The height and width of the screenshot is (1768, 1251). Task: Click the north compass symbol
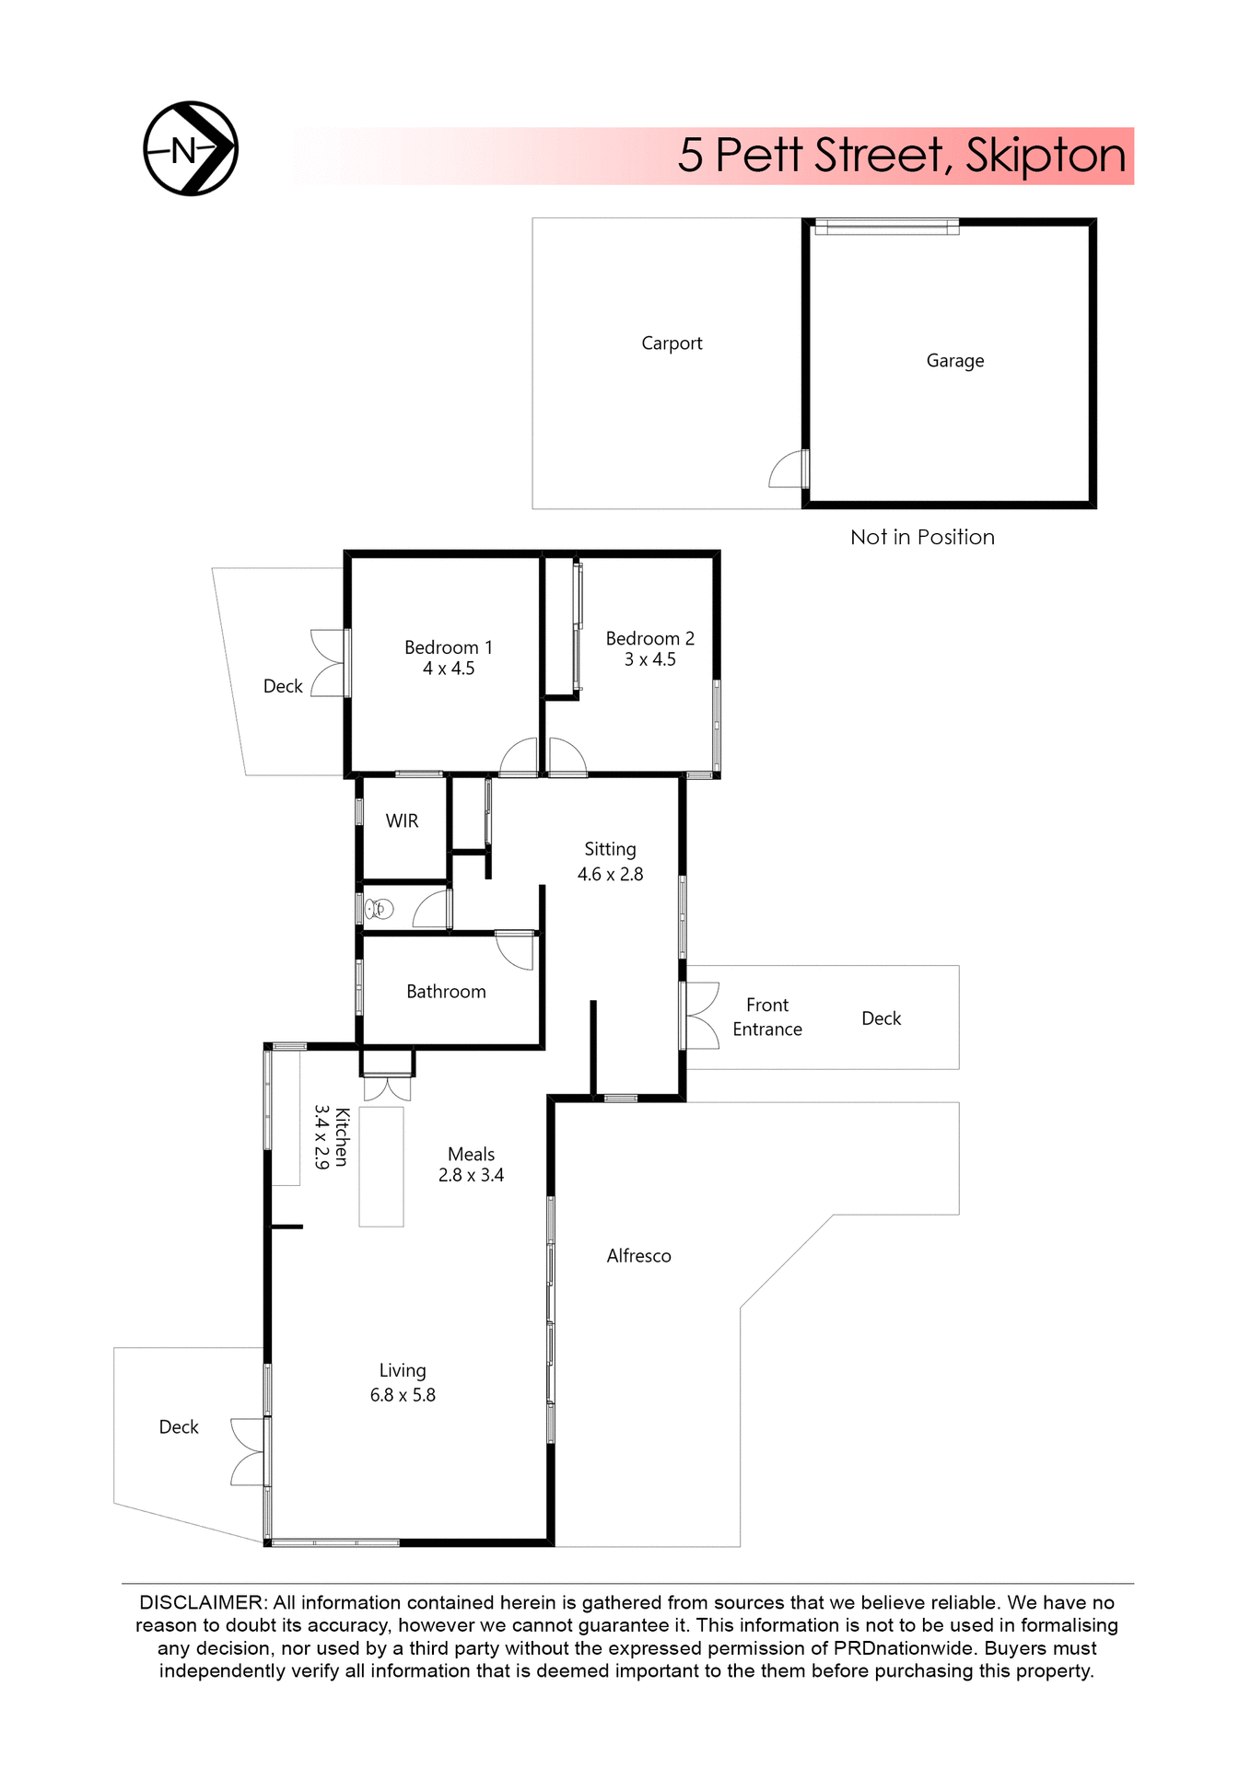pyautogui.click(x=191, y=148)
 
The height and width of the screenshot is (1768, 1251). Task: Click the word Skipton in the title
pyautogui.click(x=1046, y=156)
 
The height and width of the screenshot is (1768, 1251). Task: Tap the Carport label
pyautogui.click(x=672, y=343)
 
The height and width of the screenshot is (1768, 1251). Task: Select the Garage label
pyautogui.click(x=954, y=361)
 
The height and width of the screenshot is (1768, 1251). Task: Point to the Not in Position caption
pyautogui.click(x=922, y=537)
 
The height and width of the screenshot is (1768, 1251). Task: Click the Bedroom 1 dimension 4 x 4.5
pyautogui.click(x=449, y=669)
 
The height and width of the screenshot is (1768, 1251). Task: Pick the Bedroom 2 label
pyautogui.click(x=649, y=638)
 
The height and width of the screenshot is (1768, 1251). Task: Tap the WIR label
pyautogui.click(x=402, y=820)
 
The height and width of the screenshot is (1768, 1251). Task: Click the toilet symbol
pyautogui.click(x=379, y=910)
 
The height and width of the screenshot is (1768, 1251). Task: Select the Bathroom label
pyautogui.click(x=446, y=992)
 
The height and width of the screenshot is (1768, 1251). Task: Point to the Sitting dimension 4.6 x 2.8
pyautogui.click(x=610, y=874)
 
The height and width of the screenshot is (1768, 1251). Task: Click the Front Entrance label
pyautogui.click(x=767, y=1017)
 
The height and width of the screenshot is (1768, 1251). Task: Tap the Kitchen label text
pyautogui.click(x=342, y=1136)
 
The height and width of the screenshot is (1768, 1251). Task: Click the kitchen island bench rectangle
pyautogui.click(x=381, y=1166)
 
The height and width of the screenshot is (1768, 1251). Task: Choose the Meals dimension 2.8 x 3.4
pyautogui.click(x=471, y=1175)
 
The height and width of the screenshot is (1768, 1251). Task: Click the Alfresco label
pyautogui.click(x=638, y=1256)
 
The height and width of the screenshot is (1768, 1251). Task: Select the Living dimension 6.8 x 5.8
pyautogui.click(x=403, y=1395)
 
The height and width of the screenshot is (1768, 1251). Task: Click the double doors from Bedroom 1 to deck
pyautogui.click(x=328, y=663)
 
